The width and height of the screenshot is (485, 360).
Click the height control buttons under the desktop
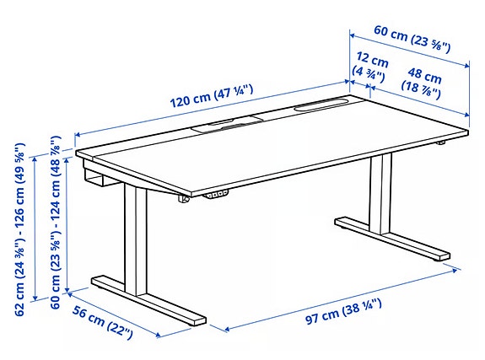(216, 196)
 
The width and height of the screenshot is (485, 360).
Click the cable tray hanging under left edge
(97, 179)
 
